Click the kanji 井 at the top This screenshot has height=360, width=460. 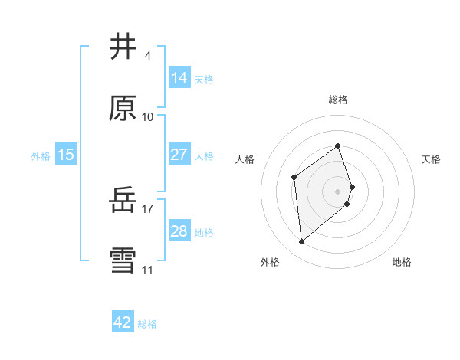pyautogui.click(x=123, y=47)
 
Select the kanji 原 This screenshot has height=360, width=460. pyautogui.click(x=123, y=108)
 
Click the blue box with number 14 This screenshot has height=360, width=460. pyautogui.click(x=179, y=77)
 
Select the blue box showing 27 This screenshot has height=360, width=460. pyautogui.click(x=179, y=155)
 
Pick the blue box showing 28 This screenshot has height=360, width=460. pyautogui.click(x=179, y=231)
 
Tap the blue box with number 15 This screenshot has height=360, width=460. pyautogui.click(x=66, y=155)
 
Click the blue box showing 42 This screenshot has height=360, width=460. pyautogui.click(x=123, y=322)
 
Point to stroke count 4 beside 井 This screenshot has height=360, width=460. pyautogui.click(x=147, y=56)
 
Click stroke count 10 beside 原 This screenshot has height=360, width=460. pyautogui.click(x=148, y=117)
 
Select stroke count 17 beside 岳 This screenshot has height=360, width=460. pyautogui.click(x=148, y=208)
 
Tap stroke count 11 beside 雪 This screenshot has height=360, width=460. pyautogui.click(x=148, y=270)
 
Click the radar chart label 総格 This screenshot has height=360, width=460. pyautogui.click(x=338, y=100)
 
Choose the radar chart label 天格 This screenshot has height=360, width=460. pyautogui.click(x=431, y=159)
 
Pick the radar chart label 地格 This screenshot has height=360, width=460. pyautogui.click(x=402, y=263)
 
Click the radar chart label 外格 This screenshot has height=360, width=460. pyautogui.click(x=270, y=263)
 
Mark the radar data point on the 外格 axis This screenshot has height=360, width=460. pyautogui.click(x=302, y=242)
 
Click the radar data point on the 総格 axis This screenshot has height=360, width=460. pyautogui.click(x=338, y=146)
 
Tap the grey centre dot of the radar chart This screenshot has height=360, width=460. pyautogui.click(x=338, y=191)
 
